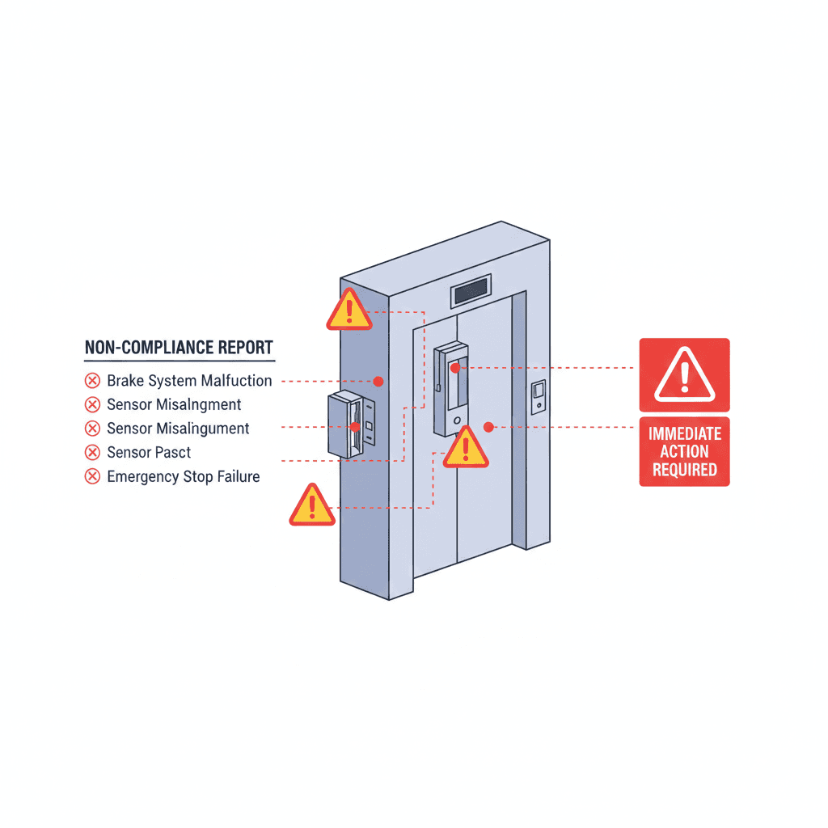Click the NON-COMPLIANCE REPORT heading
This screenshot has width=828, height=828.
[x=179, y=348]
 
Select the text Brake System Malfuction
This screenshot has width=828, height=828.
[x=189, y=380]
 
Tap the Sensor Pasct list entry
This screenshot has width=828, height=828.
[x=149, y=452]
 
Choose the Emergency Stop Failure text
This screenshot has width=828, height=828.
[x=184, y=476]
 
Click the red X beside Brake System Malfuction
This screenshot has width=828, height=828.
[x=92, y=381]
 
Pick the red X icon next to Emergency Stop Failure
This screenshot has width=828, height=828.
[x=92, y=476]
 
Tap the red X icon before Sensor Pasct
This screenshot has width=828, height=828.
[x=92, y=452]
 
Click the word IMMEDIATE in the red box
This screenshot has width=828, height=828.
[x=684, y=434]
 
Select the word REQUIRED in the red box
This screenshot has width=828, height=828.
[x=684, y=469]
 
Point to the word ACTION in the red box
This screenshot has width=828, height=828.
[x=684, y=451]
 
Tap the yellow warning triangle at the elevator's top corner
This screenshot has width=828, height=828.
[x=349, y=310]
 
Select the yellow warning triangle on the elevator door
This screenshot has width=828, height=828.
[x=466, y=448]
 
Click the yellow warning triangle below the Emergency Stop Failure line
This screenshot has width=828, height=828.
[x=311, y=506]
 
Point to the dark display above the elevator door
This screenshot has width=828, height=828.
[x=471, y=293]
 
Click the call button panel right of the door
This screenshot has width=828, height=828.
[x=539, y=397]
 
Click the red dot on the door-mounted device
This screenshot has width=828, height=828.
[x=455, y=368]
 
